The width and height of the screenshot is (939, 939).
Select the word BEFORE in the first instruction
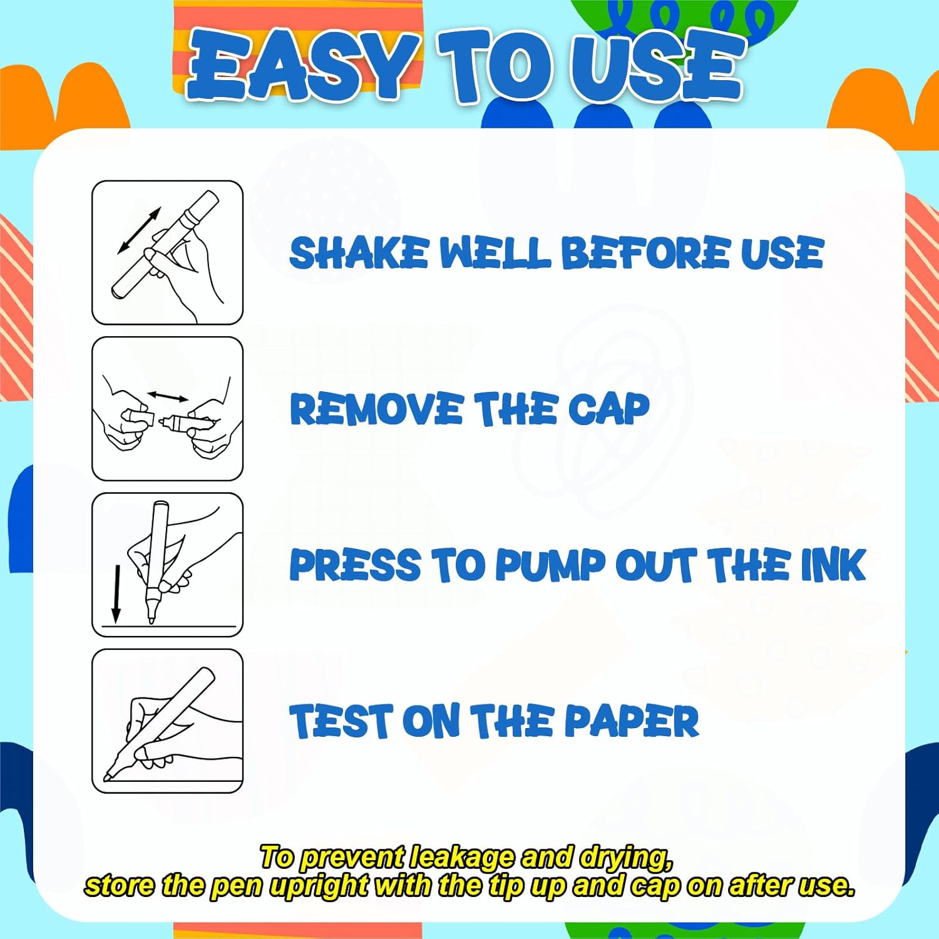coord(645,253)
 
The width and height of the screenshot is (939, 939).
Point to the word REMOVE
coord(376,409)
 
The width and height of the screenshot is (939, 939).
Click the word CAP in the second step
coord(608,409)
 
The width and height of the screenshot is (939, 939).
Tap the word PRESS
coord(355,565)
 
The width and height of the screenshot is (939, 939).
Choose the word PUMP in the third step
coord(551,565)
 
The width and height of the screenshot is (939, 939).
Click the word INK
coord(834,565)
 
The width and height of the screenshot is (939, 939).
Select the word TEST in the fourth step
coord(341,721)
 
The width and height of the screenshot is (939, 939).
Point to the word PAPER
coord(632,721)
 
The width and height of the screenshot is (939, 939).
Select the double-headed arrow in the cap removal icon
coord(167,397)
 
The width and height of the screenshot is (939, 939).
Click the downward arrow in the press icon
coord(116,593)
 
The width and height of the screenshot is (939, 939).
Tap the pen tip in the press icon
coord(151,618)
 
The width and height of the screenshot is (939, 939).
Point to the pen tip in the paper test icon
coord(108,776)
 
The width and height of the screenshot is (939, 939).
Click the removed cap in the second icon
coord(138,419)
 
